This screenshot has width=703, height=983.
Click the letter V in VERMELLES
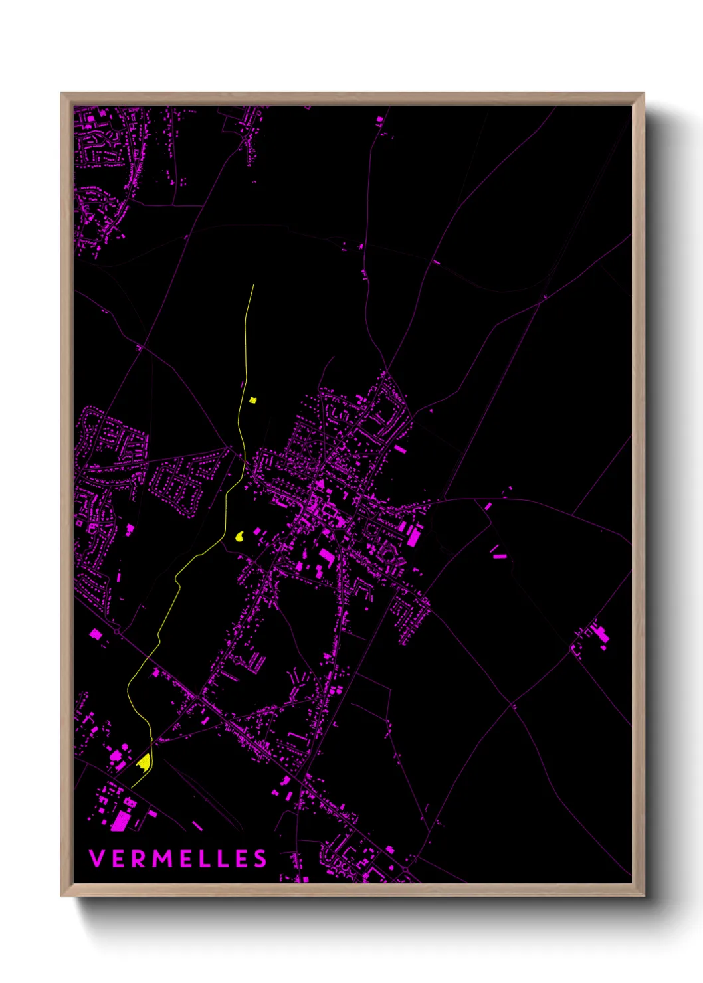pos(96,859)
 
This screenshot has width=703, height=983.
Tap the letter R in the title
pos(138,859)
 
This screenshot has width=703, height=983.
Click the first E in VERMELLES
pos(118,859)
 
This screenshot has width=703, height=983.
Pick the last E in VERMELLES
pos(241,859)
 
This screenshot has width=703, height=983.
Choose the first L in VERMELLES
pos(203,859)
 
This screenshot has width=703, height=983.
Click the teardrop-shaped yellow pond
pos(240,535)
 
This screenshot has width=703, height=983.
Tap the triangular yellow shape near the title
pos(143,762)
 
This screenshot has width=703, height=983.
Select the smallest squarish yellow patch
pos(252,400)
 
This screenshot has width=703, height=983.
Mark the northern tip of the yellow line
pos(254,285)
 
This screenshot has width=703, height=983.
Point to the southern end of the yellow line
pos(132,788)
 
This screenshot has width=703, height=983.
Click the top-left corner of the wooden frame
pos(62,94)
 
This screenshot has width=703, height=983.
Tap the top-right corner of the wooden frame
pos(643,94)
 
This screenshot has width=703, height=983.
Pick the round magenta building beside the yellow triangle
pos(115,756)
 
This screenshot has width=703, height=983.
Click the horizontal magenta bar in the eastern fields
pos(499,556)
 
